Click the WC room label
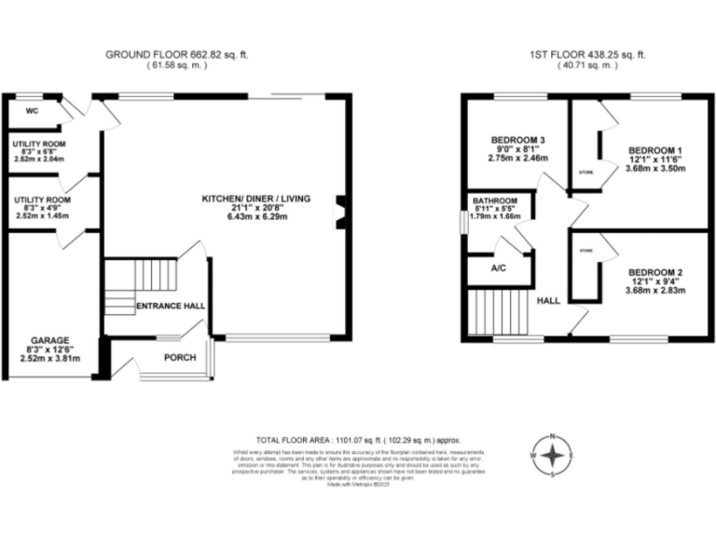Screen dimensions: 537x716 click(31, 112)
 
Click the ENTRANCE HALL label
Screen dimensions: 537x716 click(171, 305)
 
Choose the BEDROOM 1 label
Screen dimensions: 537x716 click(655, 150)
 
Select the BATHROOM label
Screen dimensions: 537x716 click(495, 200)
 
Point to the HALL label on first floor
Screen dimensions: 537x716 click(547, 300)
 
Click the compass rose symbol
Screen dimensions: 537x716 click(553, 455)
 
